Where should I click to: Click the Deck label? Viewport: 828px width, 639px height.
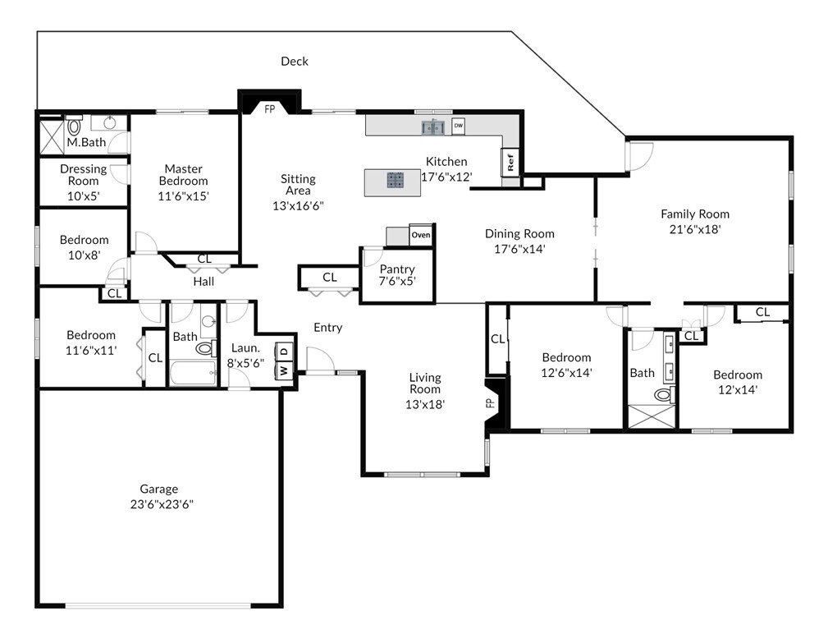coord(294,62)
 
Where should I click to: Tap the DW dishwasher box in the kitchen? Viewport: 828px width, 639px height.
coord(459,126)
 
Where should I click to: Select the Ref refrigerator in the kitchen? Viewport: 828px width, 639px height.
coord(510,162)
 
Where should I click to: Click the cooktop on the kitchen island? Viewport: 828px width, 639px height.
coord(395,180)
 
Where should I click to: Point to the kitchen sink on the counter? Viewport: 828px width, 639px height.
coord(432,127)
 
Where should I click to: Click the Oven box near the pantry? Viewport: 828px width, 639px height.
coord(421,235)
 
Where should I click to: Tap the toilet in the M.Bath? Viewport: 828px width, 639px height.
coord(74,126)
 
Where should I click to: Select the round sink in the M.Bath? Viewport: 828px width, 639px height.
coord(109,123)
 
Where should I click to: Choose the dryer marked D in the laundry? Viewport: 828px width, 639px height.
coord(284,352)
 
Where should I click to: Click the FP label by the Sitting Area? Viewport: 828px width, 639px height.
coord(270,109)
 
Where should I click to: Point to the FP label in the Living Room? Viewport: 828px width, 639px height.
coord(490,403)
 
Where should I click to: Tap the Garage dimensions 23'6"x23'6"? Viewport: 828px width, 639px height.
coord(162,504)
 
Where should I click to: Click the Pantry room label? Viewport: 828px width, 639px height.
coord(397,269)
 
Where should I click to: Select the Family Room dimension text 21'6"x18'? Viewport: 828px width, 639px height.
coord(695,229)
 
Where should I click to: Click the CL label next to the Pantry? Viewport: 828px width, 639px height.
coord(330,277)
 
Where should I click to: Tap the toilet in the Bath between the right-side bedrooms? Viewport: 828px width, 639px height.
coord(663,394)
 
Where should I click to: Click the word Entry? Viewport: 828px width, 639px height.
coord(328,328)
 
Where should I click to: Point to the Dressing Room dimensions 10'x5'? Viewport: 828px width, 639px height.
coord(84,196)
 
